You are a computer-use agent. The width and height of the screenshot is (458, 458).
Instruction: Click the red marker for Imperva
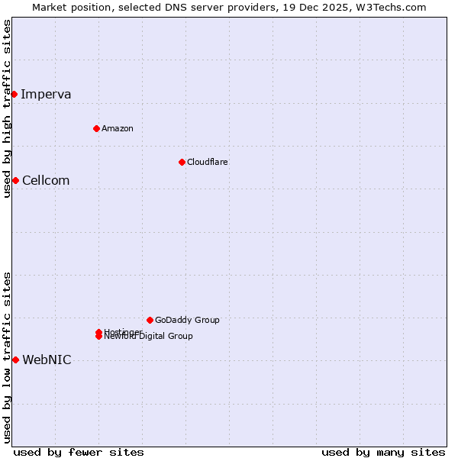14,94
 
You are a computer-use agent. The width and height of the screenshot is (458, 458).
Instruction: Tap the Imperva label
46,95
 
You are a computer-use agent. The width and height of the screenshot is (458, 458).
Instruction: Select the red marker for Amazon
96,128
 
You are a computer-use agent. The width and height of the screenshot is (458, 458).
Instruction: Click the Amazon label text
118,128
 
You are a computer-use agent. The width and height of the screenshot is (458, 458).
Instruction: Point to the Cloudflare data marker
182,162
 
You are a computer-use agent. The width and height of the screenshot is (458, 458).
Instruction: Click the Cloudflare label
208,162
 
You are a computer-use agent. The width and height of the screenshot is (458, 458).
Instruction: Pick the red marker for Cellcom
15,180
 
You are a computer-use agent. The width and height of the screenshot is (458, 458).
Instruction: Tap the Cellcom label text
46,181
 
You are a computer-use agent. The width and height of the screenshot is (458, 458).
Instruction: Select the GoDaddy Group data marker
150,320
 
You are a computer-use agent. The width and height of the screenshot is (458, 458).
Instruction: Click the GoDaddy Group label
187,320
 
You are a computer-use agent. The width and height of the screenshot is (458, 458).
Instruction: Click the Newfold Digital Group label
150,337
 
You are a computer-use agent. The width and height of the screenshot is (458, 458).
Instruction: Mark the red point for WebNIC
15,360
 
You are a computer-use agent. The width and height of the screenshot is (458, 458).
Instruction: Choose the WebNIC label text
47,360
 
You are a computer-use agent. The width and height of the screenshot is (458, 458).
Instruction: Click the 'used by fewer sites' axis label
79,452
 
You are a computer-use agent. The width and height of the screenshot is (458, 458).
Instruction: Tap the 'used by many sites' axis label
383,452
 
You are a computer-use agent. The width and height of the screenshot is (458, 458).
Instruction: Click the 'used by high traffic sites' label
7,108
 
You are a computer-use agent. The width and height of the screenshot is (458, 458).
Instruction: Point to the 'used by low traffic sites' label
7,357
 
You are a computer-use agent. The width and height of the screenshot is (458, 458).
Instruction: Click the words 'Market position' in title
65,7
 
